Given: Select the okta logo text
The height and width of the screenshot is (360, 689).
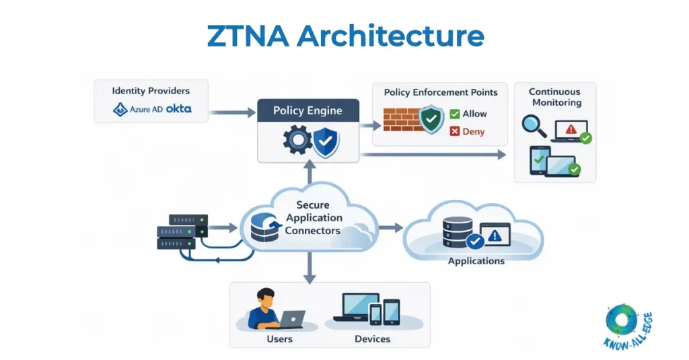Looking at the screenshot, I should [x=178, y=108].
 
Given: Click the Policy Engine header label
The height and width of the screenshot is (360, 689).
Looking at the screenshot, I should [x=307, y=110].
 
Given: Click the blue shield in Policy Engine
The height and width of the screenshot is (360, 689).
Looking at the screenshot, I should [x=326, y=142].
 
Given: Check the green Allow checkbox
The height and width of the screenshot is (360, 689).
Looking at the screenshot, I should [x=455, y=114].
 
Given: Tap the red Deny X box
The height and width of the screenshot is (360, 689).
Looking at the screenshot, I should [x=455, y=132].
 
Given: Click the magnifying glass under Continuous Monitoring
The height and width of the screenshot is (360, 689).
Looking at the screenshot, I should [x=533, y=126].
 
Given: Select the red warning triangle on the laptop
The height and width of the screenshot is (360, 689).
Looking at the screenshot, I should [x=571, y=128].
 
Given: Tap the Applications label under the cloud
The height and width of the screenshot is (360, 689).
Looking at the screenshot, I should [x=476, y=260].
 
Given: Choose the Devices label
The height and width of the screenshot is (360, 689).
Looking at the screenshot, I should [x=372, y=338].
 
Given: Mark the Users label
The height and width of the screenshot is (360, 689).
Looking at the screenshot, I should [x=279, y=338].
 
